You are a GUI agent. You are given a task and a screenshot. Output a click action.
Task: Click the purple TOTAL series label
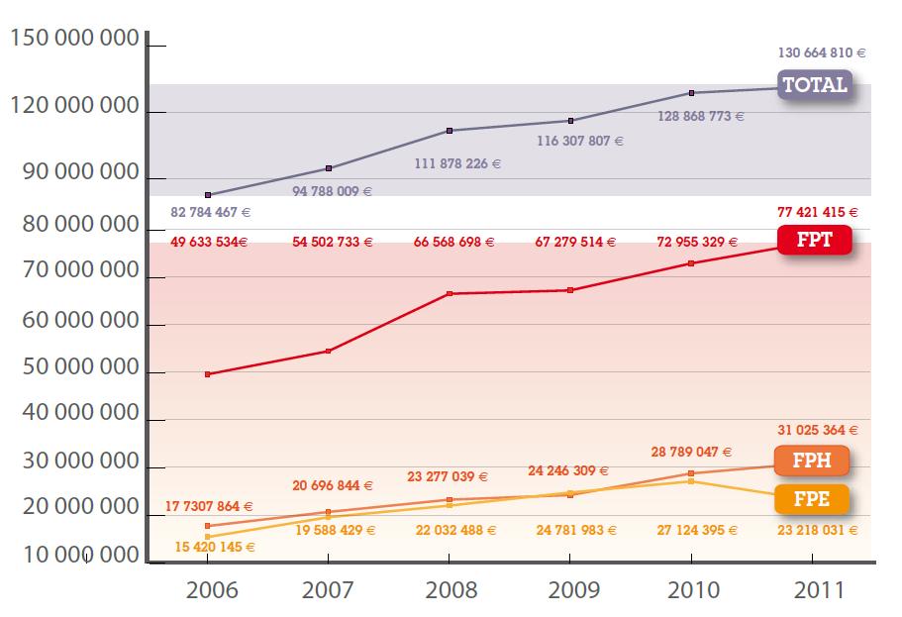(x=815, y=85)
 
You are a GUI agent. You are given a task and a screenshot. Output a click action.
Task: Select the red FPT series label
(x=814, y=241)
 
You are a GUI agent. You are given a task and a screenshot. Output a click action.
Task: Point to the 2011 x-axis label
(x=819, y=590)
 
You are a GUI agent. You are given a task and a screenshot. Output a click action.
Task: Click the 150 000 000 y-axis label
(x=73, y=41)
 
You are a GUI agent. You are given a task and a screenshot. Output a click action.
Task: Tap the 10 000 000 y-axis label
(x=73, y=556)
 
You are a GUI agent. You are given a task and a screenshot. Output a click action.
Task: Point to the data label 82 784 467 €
(x=211, y=212)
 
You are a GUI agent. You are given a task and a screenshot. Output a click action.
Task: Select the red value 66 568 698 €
(x=451, y=243)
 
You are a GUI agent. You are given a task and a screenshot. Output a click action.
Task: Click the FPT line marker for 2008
(x=450, y=294)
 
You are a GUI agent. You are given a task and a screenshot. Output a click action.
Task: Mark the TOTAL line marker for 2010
(x=692, y=93)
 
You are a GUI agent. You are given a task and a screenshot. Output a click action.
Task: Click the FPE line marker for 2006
(x=207, y=537)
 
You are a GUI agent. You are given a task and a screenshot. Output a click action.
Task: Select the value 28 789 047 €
(x=692, y=452)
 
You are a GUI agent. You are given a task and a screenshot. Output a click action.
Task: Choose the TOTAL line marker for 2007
(x=329, y=168)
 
